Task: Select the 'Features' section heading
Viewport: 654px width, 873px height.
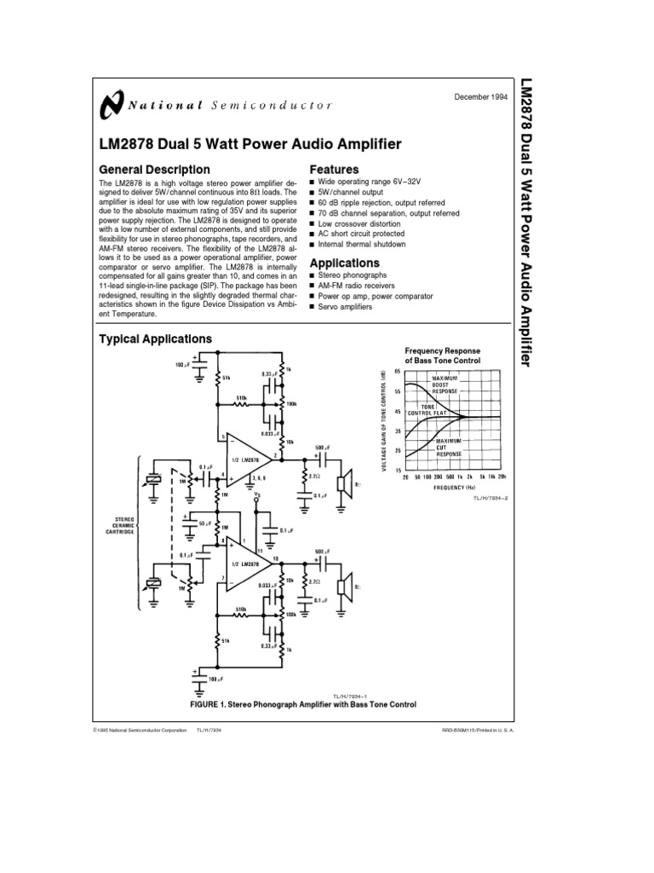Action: [x=333, y=169]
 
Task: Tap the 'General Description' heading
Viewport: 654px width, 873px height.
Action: [x=155, y=169]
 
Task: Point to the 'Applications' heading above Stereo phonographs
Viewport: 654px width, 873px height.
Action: [x=344, y=263]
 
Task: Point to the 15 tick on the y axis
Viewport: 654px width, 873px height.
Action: [x=397, y=469]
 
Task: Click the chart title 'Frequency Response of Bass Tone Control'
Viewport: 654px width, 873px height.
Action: [x=442, y=356]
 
